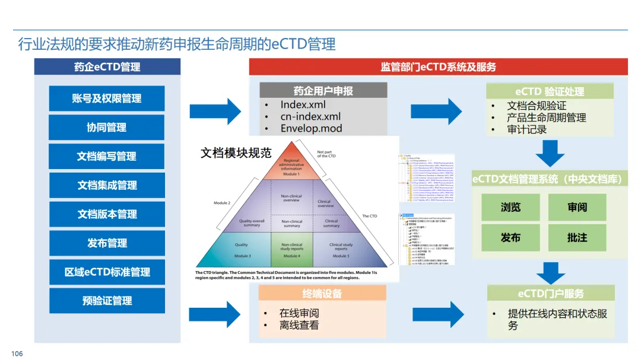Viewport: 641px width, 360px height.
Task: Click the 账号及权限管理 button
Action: [107, 98]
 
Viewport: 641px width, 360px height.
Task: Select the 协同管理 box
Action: [107, 128]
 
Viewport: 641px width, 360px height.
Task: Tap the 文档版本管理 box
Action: [107, 214]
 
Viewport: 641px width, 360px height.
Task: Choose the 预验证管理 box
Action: [107, 301]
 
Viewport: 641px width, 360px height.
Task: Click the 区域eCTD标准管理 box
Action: [107, 272]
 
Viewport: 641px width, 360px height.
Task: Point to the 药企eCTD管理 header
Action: [107, 66]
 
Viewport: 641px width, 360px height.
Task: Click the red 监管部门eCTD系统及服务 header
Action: [438, 66]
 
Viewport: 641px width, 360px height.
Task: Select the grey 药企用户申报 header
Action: [323, 91]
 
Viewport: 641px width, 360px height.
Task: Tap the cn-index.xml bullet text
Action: [310, 117]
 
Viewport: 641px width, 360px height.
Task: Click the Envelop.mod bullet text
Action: [311, 128]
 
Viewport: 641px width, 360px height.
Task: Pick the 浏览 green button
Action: [510, 207]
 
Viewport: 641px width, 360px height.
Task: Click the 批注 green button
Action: [577, 237]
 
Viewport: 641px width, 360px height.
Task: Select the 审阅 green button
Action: [577, 207]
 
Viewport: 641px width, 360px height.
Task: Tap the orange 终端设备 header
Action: [322, 293]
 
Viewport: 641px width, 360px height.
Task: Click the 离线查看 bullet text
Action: [299, 325]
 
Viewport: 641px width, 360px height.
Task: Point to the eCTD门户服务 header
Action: [550, 293]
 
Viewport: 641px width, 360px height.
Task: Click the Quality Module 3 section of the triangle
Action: [242, 249]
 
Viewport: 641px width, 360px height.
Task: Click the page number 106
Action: [17, 353]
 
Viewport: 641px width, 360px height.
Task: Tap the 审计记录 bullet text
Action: [526, 129]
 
